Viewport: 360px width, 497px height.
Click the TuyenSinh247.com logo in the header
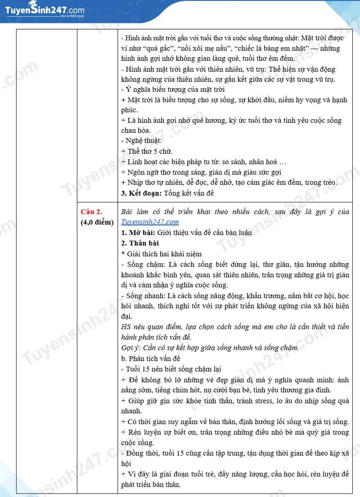coord(43,10)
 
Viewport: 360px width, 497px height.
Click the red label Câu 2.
coord(92,211)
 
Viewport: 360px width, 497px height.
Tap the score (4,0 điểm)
coord(97,222)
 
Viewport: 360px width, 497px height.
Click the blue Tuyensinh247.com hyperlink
coord(150,222)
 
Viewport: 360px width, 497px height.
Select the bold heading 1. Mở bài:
coord(138,233)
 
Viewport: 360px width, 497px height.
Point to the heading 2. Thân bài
coord(137,243)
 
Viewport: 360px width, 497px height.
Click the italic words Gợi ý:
coord(131,348)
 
